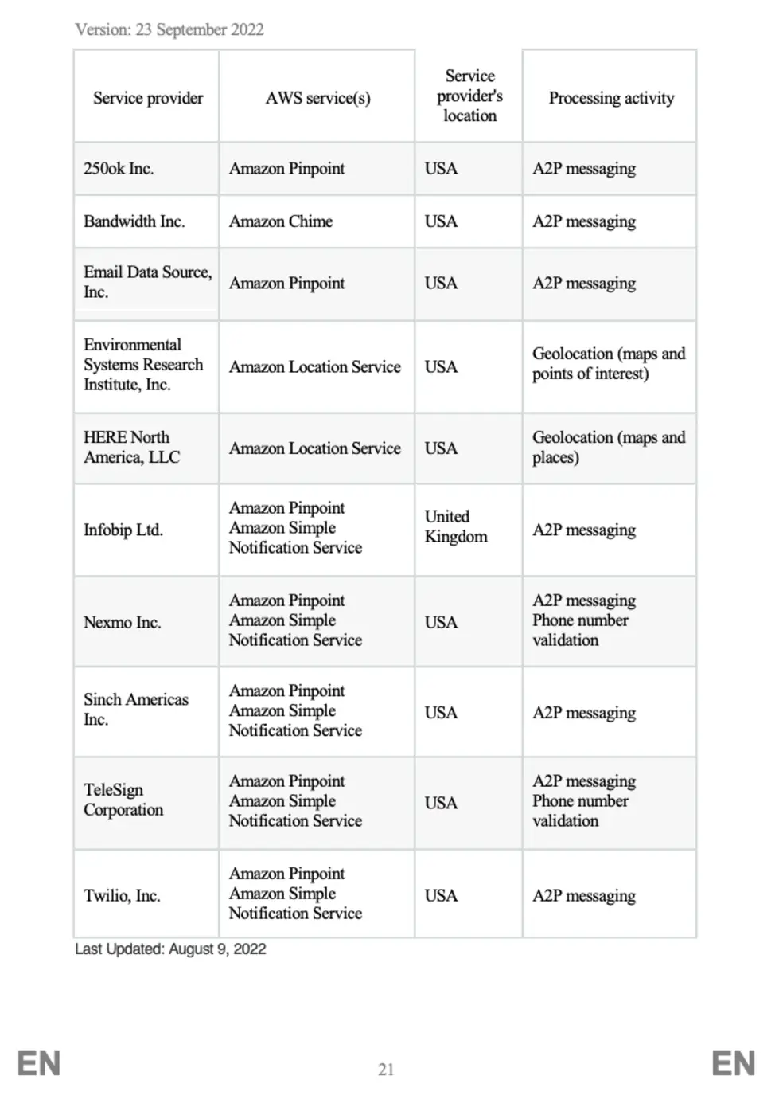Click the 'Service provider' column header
pos(148,98)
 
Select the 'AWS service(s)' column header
pos(317,98)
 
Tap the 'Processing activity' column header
pos(611,98)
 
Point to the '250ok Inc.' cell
pos(119,169)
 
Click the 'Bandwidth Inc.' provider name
pos(134,221)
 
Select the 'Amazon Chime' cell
pos(281,221)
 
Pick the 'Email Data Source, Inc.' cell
pos(147,282)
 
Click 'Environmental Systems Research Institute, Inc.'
pos(143,365)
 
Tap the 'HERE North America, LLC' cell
pos(132,447)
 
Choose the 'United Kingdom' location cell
pos(456,526)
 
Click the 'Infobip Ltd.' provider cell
pos(123,530)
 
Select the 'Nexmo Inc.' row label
pos(123,623)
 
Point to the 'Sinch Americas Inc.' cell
pos(136,709)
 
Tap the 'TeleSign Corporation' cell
pos(123,800)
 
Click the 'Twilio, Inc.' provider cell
pos(122,896)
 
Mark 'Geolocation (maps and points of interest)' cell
pos(609,363)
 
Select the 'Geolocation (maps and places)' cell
pos(609,447)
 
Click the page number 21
pos(386,1070)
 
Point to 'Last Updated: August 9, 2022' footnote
pos(170,949)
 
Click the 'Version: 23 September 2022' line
pos(169,30)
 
